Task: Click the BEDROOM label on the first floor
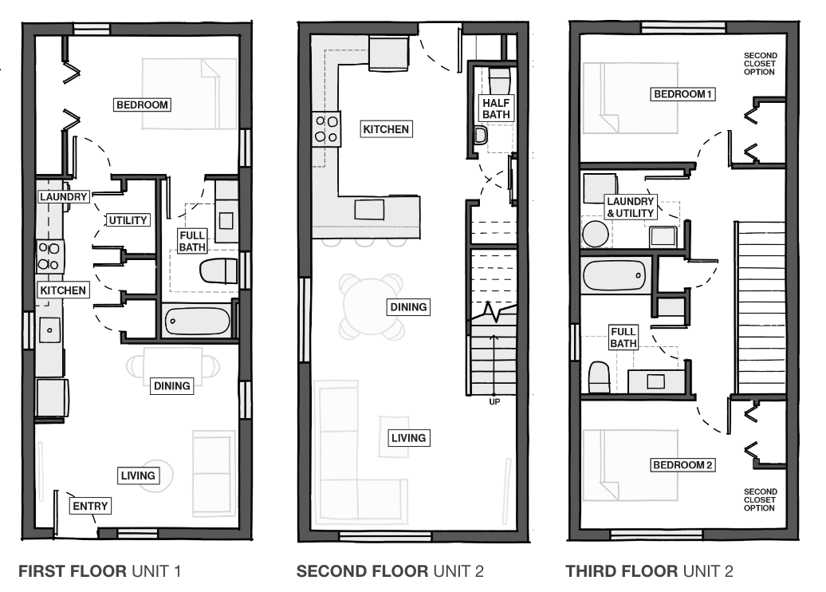143,105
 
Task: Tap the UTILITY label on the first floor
128,220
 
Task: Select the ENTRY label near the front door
89,506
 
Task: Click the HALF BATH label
495,108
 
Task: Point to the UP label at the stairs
494,401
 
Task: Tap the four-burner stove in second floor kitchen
325,129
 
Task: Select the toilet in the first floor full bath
218,271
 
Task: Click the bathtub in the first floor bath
198,322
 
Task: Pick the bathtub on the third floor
615,277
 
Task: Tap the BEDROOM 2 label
682,464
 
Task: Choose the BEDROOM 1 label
682,94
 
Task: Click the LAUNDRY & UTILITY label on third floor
631,207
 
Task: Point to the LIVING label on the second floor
408,437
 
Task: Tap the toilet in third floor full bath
599,377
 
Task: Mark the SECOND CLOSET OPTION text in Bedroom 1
759,63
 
